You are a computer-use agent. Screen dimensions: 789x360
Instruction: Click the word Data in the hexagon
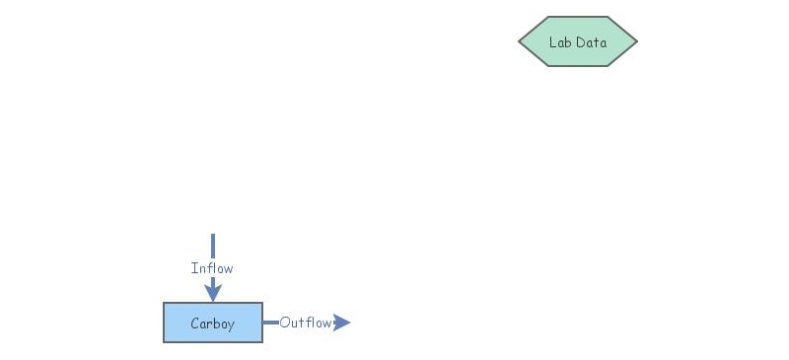click(591, 42)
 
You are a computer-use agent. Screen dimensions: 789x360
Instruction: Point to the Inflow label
click(212, 268)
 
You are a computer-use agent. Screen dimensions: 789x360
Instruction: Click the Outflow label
click(305, 323)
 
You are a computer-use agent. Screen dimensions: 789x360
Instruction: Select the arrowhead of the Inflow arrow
click(212, 292)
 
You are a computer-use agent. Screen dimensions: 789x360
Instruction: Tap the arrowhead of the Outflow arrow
click(342, 323)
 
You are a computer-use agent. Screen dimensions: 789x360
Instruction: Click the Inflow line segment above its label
click(212, 246)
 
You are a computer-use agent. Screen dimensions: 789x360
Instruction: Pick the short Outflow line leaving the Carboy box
click(270, 323)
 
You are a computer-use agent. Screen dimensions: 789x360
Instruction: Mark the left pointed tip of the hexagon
click(520, 41)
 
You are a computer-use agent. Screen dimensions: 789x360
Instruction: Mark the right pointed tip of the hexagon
click(636, 41)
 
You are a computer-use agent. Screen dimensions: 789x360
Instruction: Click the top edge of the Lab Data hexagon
click(578, 17)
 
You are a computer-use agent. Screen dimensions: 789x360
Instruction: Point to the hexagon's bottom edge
click(578, 66)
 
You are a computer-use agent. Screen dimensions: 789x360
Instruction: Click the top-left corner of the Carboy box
click(164, 304)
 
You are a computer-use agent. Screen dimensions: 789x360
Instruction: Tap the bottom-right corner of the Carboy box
click(262, 342)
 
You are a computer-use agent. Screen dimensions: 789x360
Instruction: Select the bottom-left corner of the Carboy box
click(164, 342)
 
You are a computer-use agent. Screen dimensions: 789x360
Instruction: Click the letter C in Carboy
click(194, 324)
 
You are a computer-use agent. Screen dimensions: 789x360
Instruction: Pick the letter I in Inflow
click(193, 268)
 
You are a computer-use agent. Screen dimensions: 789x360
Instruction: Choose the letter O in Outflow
click(284, 323)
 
